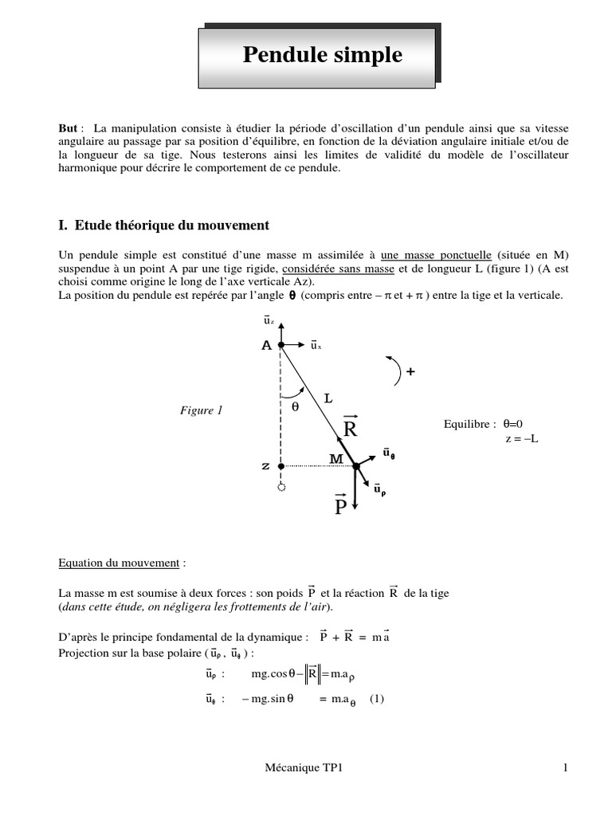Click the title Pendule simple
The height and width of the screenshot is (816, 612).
pyautogui.click(x=322, y=55)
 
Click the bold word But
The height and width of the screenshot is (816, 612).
pyautogui.click(x=69, y=128)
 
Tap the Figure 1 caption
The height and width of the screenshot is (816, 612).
pyautogui.click(x=201, y=410)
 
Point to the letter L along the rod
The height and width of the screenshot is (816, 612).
pyautogui.click(x=328, y=395)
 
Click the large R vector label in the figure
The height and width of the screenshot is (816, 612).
pyautogui.click(x=351, y=429)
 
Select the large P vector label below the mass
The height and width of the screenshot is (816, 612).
pyautogui.click(x=339, y=506)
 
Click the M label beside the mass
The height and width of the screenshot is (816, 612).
pyautogui.click(x=335, y=459)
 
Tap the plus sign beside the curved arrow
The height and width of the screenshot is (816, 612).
pyautogui.click(x=410, y=371)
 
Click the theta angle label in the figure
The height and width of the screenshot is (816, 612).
pyautogui.click(x=294, y=406)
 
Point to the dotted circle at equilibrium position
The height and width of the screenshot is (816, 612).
pyautogui.click(x=280, y=487)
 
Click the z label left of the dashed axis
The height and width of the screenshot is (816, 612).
pyautogui.click(x=266, y=465)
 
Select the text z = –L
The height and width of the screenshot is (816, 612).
pyautogui.click(x=521, y=439)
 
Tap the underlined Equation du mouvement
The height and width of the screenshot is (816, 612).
pyautogui.click(x=120, y=563)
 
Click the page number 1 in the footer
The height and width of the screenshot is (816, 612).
pyautogui.click(x=564, y=768)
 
